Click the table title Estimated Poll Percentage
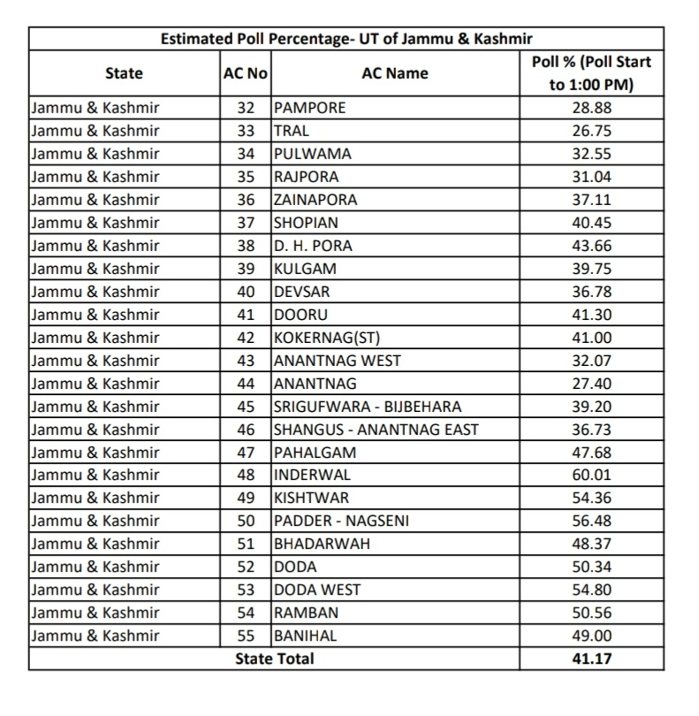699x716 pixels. (346, 39)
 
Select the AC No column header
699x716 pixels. (246, 73)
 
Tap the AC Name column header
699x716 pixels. (395, 73)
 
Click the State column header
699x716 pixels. (124, 73)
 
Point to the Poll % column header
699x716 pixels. (591, 73)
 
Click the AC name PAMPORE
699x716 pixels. (309, 108)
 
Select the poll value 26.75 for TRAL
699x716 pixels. (591, 131)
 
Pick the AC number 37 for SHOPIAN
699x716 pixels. (246, 223)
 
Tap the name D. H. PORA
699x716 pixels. (313, 246)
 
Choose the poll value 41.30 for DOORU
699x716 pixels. (591, 315)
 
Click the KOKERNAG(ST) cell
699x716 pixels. (327, 338)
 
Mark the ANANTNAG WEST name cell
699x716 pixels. (337, 361)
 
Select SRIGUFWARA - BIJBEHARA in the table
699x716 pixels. (368, 407)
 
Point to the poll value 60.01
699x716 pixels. (591, 475)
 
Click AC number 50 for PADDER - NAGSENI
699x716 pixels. (246, 521)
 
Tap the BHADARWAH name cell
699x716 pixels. (322, 544)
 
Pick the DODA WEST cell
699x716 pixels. (317, 590)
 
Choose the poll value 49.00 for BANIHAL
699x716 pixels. (591, 636)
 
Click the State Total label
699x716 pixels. (274, 659)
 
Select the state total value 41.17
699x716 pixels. (591, 659)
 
